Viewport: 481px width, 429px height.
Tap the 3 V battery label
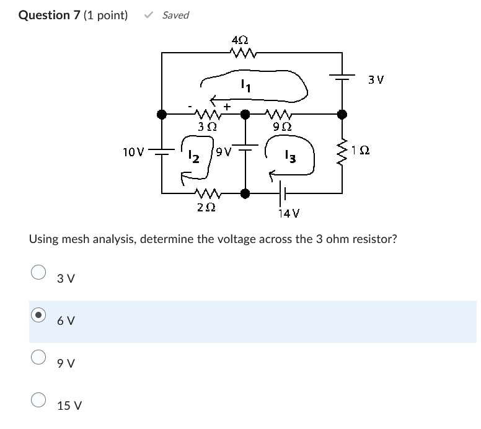coord(376,80)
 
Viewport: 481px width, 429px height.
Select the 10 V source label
coord(134,151)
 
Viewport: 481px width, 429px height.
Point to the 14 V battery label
coord(289,214)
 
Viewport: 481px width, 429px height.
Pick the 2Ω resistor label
coord(206,208)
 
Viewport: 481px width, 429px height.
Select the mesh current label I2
coord(194,157)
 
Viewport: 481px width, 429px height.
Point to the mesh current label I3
coord(289,157)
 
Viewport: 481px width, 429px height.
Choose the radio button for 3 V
coord(38,273)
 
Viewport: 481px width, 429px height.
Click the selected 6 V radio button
coord(38,315)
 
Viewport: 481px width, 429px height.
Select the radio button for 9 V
coord(38,357)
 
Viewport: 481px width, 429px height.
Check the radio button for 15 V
coord(38,400)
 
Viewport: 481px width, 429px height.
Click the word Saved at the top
coord(175,15)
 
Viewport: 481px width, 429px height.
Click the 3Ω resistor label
coord(206,126)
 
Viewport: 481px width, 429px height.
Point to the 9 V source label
coord(223,151)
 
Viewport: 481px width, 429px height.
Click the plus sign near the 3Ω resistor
coord(227,107)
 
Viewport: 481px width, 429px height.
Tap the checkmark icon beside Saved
coord(148,15)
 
